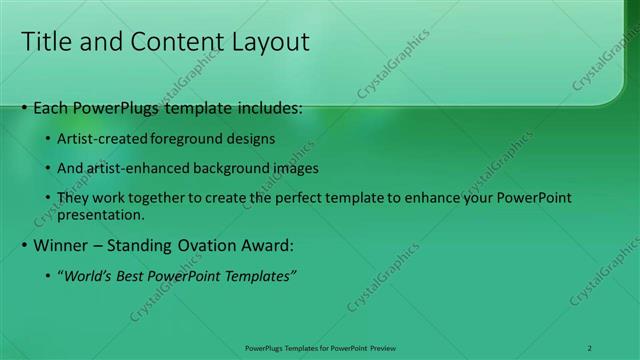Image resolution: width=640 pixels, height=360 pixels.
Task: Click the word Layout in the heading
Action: coord(270,41)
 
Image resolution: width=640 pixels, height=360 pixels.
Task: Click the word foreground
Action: coord(191,138)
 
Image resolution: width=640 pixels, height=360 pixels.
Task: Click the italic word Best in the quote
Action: coord(133,276)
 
